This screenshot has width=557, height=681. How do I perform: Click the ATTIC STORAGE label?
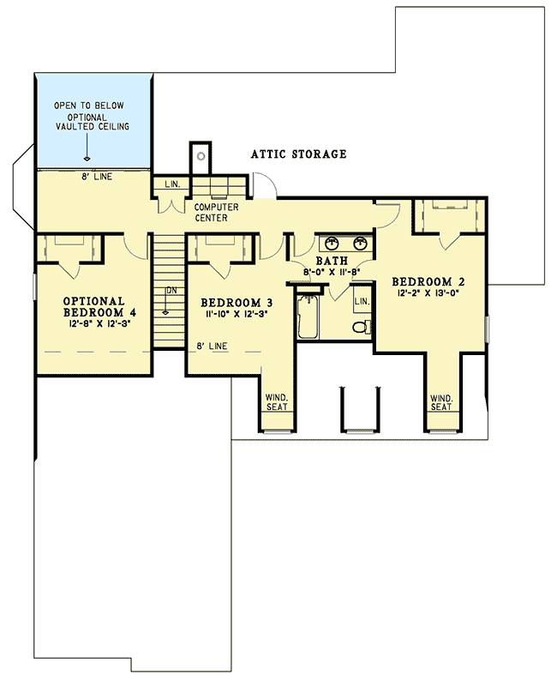tap(298, 154)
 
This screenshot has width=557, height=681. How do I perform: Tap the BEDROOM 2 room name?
tap(428, 281)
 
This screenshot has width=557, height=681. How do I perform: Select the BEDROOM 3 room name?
tap(237, 303)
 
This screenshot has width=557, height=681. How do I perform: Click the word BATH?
tap(330, 260)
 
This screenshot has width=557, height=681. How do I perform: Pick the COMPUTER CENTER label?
tap(216, 212)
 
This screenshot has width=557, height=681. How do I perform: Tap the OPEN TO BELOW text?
tap(89, 105)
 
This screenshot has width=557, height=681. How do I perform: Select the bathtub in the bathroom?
tap(306, 317)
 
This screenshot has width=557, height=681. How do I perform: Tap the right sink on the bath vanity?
tap(361, 242)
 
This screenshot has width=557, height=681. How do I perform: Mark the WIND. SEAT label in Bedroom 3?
tap(276, 401)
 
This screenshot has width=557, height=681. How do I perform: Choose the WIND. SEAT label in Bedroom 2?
tap(441, 401)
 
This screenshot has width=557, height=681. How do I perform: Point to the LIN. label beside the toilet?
tap(362, 301)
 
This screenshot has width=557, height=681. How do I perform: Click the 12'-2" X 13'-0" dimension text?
tap(428, 293)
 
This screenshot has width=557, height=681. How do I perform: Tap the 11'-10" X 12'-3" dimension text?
tap(237, 316)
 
